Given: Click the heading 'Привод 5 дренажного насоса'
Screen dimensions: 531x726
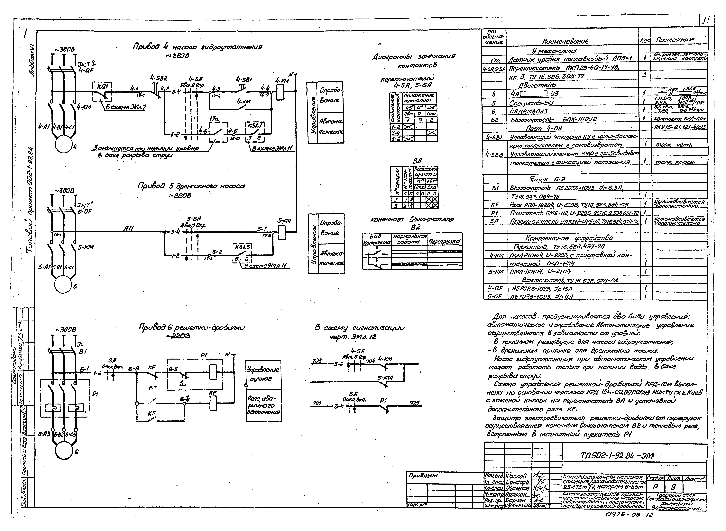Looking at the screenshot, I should click(191, 186).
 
